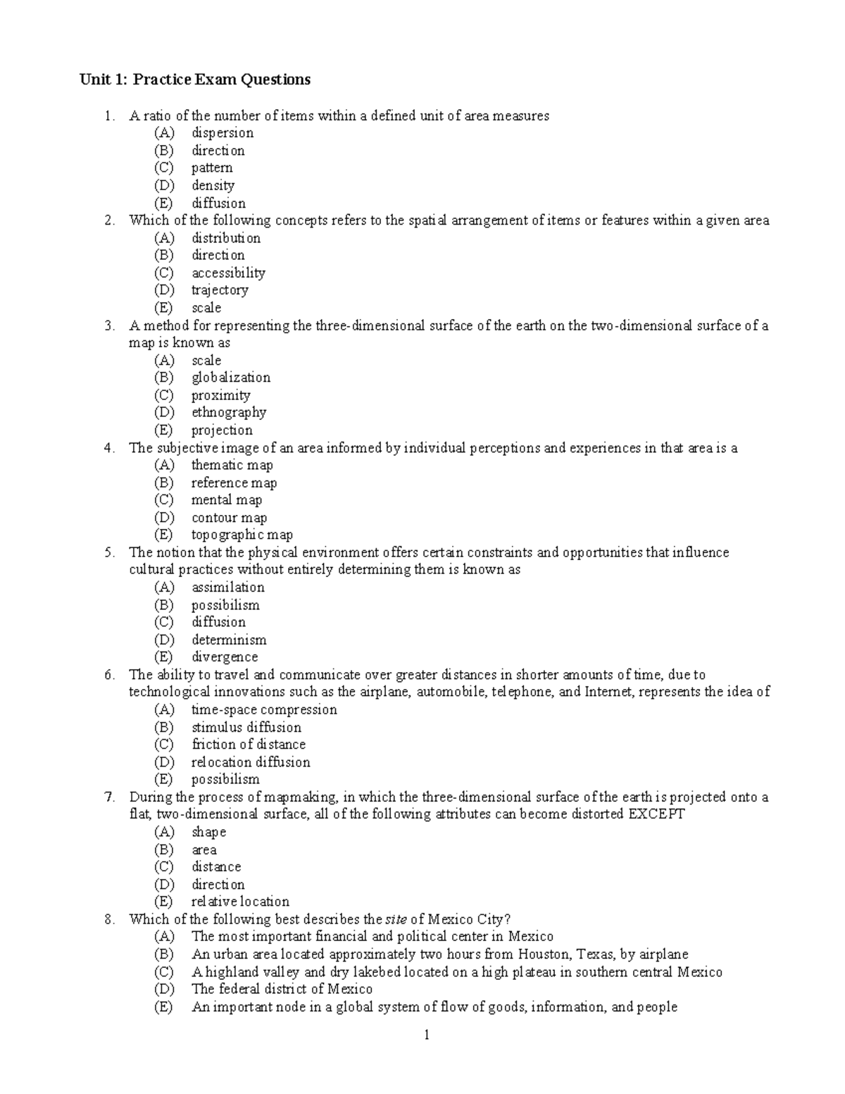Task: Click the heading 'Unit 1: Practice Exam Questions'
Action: [x=194, y=80]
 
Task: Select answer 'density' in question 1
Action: [x=213, y=185]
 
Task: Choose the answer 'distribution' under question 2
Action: [x=225, y=238]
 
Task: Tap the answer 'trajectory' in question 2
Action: [x=220, y=290]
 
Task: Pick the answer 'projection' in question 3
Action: [x=222, y=430]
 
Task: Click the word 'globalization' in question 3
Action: [x=230, y=378]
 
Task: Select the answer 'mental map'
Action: [x=226, y=500]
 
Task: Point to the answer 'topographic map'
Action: [x=242, y=535]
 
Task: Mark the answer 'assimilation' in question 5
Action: [x=227, y=588]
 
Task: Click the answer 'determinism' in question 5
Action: [x=229, y=640]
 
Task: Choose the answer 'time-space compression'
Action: [x=264, y=709]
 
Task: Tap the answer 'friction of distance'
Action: [x=249, y=745]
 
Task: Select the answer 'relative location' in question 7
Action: [x=240, y=902]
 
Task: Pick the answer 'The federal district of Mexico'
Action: [x=282, y=989]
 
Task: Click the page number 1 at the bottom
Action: [x=426, y=1035]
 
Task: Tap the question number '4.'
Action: [x=108, y=448]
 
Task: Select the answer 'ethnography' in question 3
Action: [x=228, y=413]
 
